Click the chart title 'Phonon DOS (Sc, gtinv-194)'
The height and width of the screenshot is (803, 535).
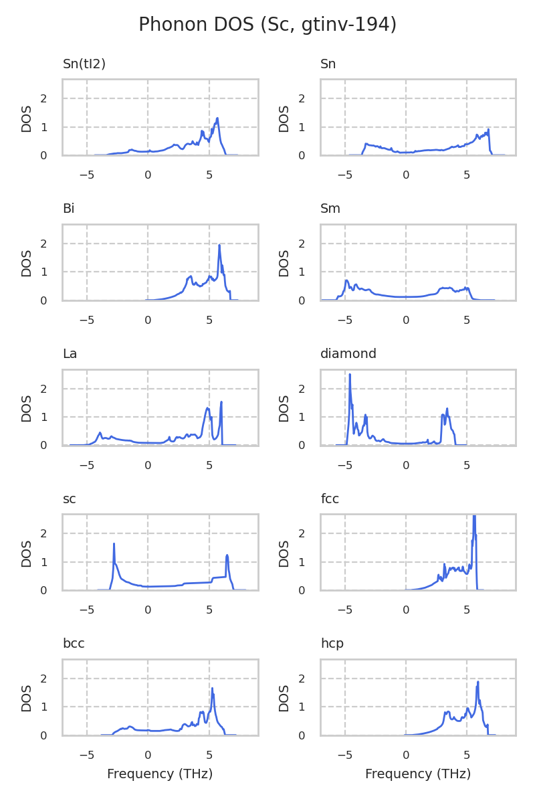pyautogui.click(x=267, y=25)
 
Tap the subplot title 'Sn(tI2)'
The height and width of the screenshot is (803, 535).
pyautogui.click(x=84, y=64)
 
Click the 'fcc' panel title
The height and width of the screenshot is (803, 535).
pyautogui.click(x=330, y=499)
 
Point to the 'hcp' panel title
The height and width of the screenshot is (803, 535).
pyautogui.click(x=332, y=644)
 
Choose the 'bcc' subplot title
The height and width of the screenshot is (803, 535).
pyautogui.click(x=74, y=644)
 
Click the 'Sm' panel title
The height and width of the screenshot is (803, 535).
pyautogui.click(x=330, y=209)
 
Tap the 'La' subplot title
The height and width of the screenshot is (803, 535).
pyautogui.click(x=70, y=354)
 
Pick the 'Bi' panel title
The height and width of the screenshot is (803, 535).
pyautogui.click(x=68, y=209)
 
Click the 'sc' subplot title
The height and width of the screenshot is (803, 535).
pyautogui.click(x=70, y=499)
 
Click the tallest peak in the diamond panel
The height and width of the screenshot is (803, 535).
pyautogui.click(x=350, y=375)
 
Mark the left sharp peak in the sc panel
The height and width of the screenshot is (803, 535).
pyautogui.click(x=114, y=544)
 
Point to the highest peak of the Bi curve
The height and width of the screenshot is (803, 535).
pyautogui.click(x=219, y=246)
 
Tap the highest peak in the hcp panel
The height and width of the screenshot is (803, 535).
pyautogui.click(x=478, y=682)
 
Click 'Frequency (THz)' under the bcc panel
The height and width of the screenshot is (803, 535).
pyautogui.click(x=160, y=774)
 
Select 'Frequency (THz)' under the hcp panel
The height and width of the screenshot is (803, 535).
pyautogui.click(x=418, y=774)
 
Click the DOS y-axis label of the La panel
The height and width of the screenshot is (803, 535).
pyautogui.click(x=27, y=408)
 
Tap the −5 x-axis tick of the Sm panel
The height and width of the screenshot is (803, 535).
pyautogui.click(x=344, y=320)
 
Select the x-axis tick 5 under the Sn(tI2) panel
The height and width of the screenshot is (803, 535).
pyautogui.click(x=209, y=175)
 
